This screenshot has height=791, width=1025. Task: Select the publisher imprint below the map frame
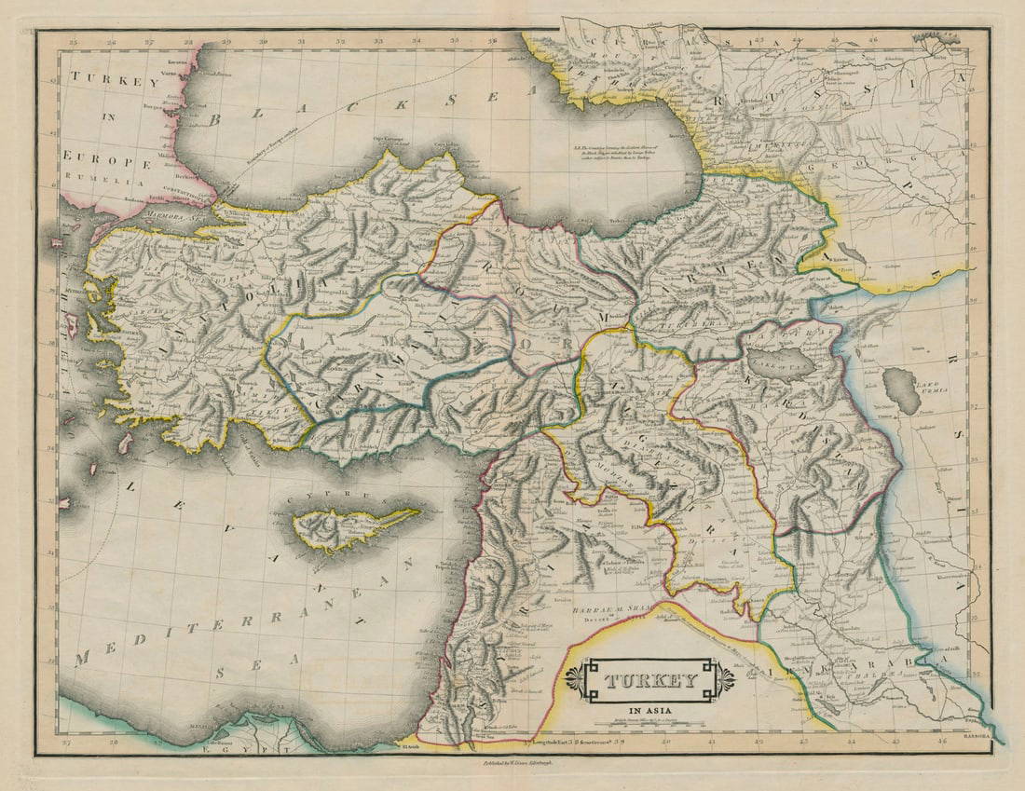click(x=512, y=762)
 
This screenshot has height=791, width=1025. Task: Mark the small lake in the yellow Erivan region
click(x=850, y=252)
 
